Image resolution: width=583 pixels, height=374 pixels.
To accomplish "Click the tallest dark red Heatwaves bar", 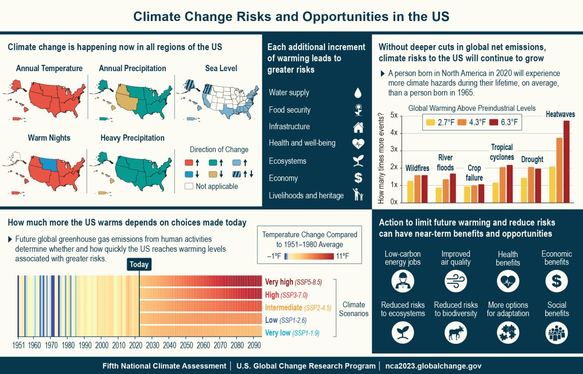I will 566,161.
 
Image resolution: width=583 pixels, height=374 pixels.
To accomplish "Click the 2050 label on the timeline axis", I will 186,345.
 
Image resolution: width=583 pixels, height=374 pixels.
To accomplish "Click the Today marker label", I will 139,265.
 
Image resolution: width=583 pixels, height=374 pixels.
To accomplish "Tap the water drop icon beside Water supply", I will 358,93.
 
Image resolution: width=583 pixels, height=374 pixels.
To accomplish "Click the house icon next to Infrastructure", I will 358,127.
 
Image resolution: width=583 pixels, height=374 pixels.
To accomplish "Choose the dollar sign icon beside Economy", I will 358,178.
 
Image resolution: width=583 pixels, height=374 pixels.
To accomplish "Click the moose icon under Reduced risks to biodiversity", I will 455,333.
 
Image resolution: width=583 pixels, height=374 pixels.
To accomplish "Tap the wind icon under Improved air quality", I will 455,281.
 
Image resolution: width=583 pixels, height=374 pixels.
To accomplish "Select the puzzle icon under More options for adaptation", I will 507,333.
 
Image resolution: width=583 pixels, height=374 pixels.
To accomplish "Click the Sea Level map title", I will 221,68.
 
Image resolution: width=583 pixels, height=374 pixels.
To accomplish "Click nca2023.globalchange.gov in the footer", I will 433,366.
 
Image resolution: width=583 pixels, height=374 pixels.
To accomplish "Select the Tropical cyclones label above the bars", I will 502,152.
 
